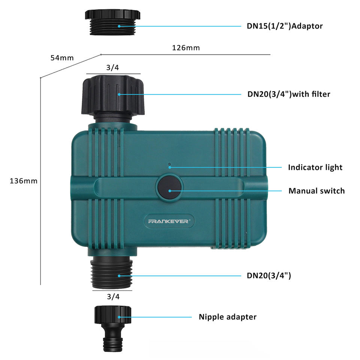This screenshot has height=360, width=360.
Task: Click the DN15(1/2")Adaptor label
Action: [x=285, y=26]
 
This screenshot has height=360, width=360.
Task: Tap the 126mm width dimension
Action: [x=186, y=48]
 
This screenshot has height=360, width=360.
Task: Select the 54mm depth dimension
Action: [x=62, y=58]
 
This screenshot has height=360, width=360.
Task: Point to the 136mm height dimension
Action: [x=23, y=181]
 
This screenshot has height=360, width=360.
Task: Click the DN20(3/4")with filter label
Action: [x=289, y=94]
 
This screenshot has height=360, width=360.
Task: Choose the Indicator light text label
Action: [x=315, y=167]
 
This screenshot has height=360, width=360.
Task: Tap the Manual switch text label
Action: [x=316, y=191]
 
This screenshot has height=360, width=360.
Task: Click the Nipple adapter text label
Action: [x=228, y=317]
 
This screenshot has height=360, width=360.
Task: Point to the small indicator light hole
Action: [x=169, y=164]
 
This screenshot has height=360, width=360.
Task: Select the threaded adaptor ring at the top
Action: [x=112, y=22]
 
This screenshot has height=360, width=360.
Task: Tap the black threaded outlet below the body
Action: [x=112, y=273]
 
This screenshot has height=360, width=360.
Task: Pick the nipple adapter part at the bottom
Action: [x=113, y=328]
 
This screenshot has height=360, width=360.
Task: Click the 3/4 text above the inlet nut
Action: [x=112, y=67]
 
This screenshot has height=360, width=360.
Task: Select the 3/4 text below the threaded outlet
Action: [x=113, y=297]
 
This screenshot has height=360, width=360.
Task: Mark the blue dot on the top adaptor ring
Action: [x=119, y=26]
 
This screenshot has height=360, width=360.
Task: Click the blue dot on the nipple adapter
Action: [x=119, y=317]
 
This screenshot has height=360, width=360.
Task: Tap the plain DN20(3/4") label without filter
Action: [x=269, y=276]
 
